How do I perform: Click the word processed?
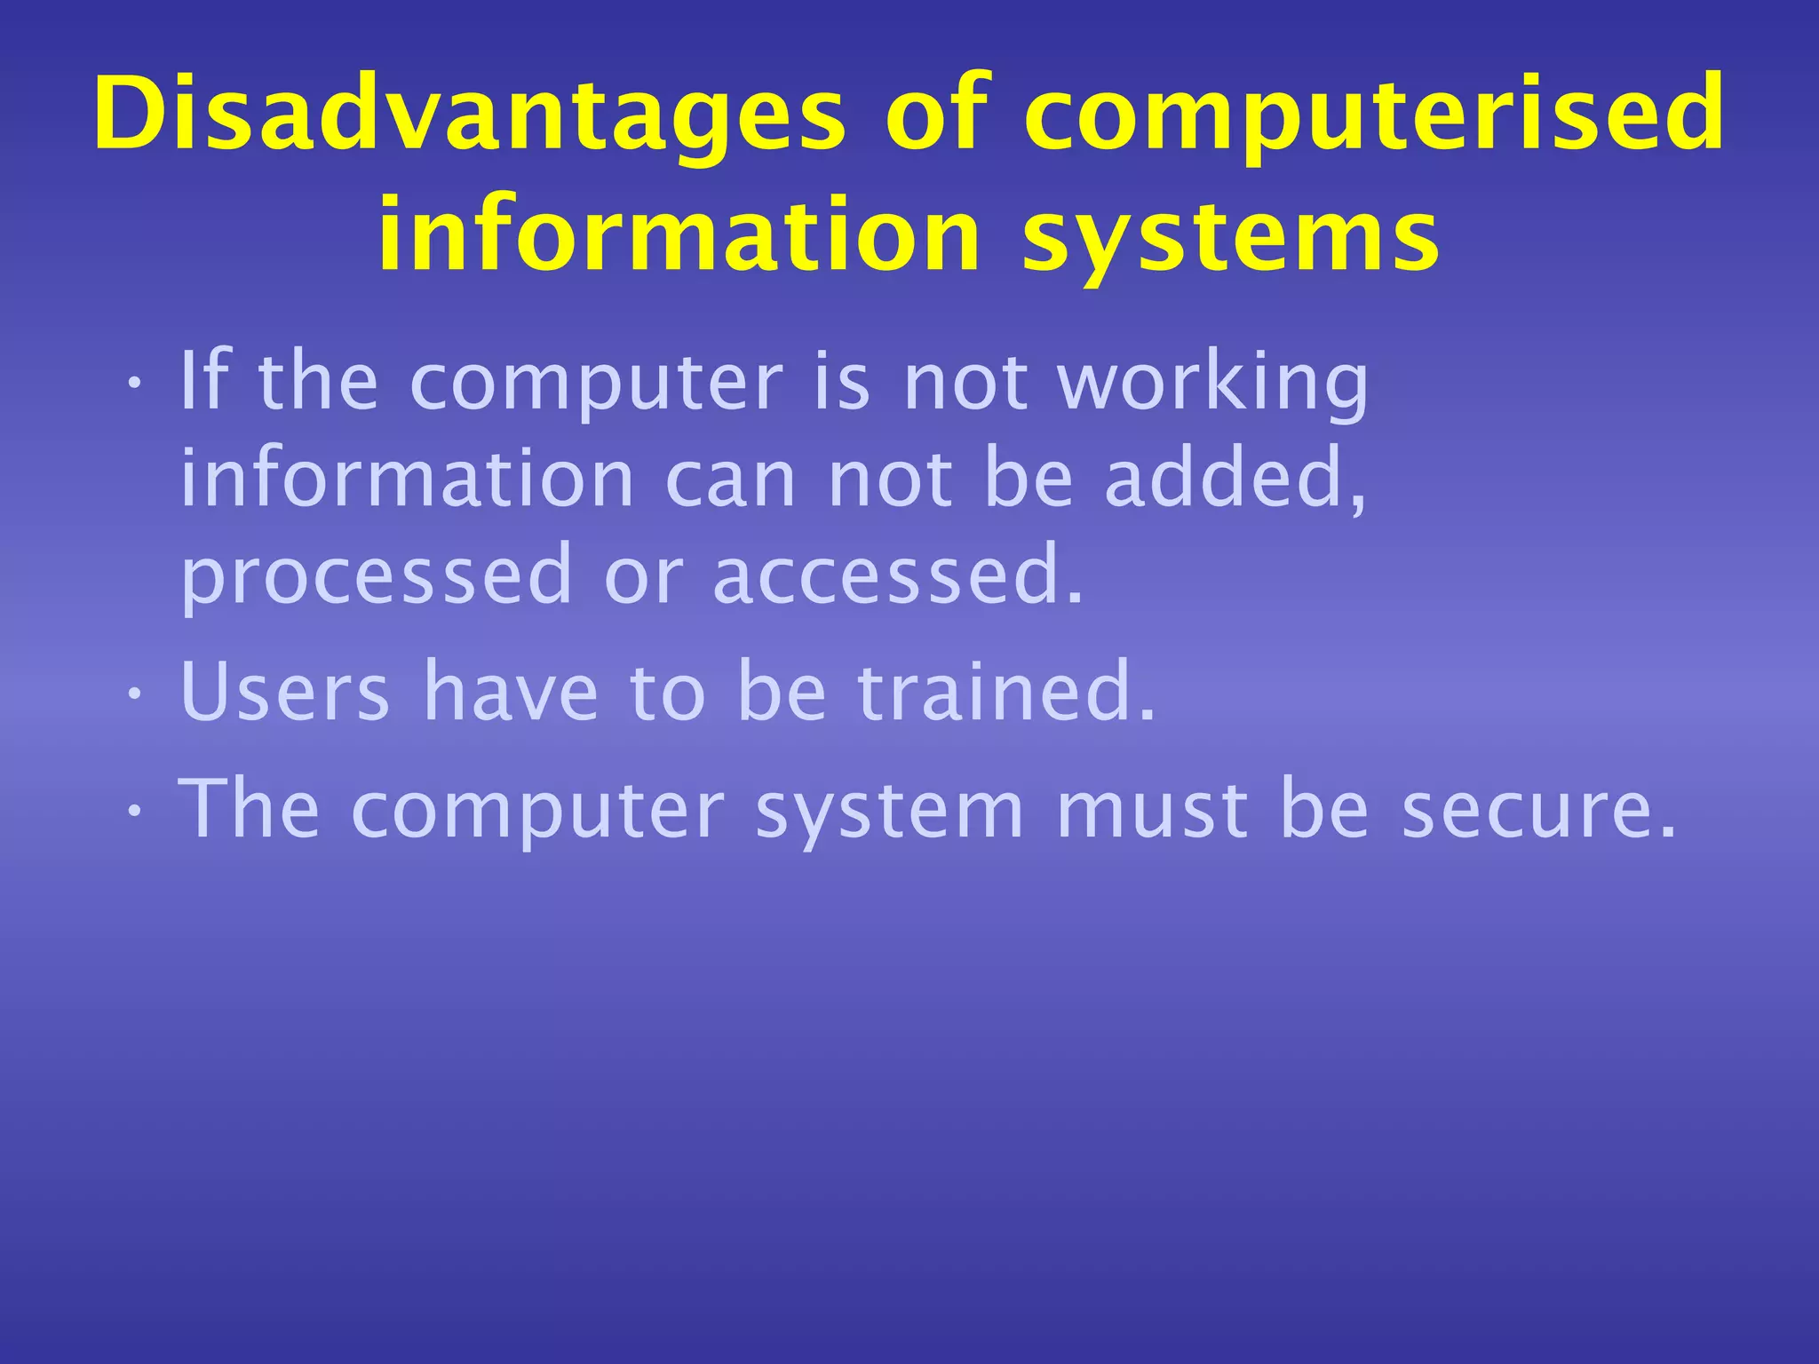pyautogui.click(x=377, y=577)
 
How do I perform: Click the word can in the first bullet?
pyautogui.click(x=730, y=480)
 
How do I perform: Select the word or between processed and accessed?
pyautogui.click(x=643, y=577)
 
